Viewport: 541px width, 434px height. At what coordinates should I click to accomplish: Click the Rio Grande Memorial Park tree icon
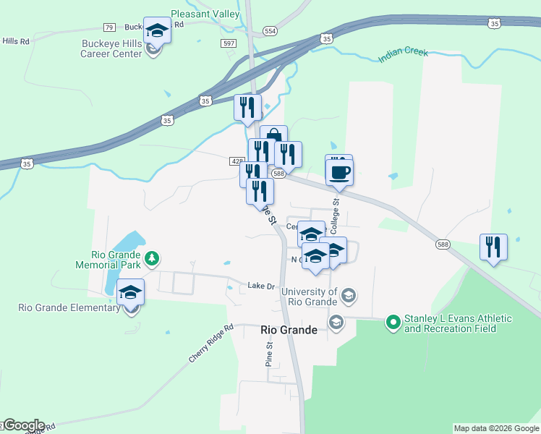pyautogui.click(x=151, y=258)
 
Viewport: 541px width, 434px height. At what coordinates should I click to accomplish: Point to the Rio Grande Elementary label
pyautogui.click(x=69, y=307)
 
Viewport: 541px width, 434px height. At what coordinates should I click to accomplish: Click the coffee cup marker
pyautogui.click(x=339, y=171)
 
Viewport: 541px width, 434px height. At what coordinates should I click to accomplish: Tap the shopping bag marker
pyautogui.click(x=273, y=138)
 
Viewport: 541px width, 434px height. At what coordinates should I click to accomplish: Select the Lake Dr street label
pyautogui.click(x=262, y=286)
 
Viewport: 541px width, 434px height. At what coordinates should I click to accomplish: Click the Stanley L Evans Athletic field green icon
pyautogui.click(x=393, y=320)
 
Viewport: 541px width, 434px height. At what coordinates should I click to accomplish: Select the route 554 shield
pyautogui.click(x=270, y=31)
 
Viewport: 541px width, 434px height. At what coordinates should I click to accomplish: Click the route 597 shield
pyautogui.click(x=229, y=43)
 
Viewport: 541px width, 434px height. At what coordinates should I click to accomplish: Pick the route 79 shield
pyautogui.click(x=109, y=27)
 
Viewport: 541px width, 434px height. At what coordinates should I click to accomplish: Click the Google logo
pyautogui.click(x=24, y=425)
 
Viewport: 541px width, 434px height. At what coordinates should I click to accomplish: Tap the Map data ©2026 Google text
pyautogui.click(x=495, y=428)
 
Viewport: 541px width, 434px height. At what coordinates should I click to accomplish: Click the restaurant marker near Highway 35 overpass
pyautogui.click(x=247, y=108)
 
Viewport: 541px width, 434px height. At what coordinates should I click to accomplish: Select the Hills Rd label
pyautogui.click(x=15, y=41)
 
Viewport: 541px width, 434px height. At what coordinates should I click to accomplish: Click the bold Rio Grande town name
pyautogui.click(x=289, y=330)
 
